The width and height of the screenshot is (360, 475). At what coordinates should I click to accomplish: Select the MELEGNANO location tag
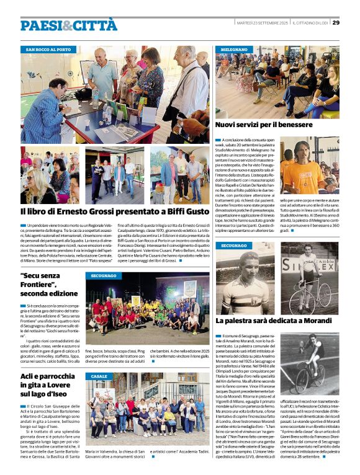click(234, 49)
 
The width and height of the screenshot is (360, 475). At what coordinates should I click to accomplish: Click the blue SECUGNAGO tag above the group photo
click(104, 275)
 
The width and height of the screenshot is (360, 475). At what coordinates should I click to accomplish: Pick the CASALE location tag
click(99, 376)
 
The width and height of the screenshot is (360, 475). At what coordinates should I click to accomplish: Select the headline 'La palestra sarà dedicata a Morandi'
click(274, 321)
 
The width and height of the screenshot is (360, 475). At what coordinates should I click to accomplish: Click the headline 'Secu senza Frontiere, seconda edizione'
click(50, 284)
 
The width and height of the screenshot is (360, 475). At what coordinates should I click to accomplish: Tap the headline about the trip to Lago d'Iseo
click(50, 384)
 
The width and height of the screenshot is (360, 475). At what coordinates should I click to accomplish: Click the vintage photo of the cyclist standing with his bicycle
click(310, 277)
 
